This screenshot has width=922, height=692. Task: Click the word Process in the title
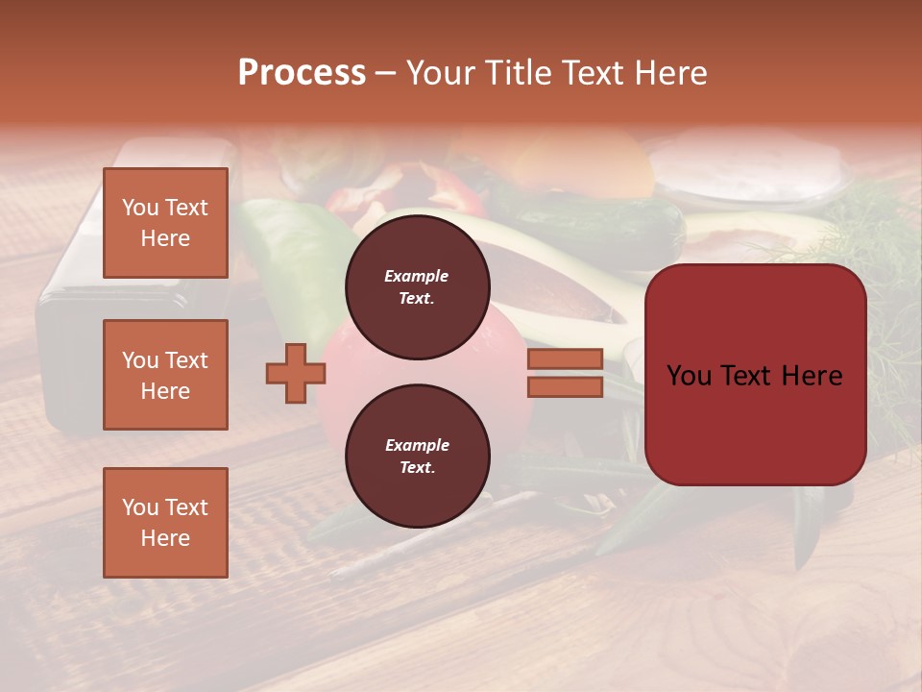[x=302, y=73]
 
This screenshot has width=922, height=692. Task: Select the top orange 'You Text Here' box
[x=165, y=223]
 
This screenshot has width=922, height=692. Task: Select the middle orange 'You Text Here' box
[x=165, y=375]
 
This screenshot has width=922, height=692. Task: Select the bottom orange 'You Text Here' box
[x=165, y=523]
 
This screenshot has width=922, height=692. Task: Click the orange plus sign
[x=296, y=374]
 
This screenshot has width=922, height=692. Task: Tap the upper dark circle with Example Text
[x=417, y=287]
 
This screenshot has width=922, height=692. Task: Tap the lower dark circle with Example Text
[x=417, y=457]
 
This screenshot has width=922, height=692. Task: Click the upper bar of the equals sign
[x=565, y=359]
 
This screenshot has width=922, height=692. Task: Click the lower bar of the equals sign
[x=565, y=387]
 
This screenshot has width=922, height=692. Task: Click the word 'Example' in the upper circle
[x=416, y=276]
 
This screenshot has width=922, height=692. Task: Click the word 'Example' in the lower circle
[x=417, y=445]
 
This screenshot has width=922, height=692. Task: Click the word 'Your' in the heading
[x=441, y=73]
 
